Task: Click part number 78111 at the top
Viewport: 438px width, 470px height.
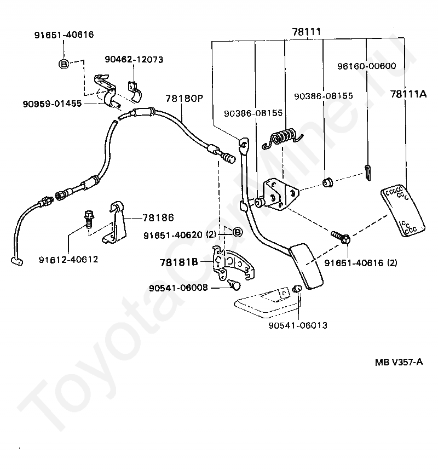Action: pyautogui.click(x=306, y=31)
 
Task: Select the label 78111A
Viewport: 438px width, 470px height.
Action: pyautogui.click(x=408, y=94)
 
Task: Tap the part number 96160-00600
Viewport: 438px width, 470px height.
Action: pyautogui.click(x=367, y=66)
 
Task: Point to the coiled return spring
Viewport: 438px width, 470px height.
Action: pyautogui.click(x=283, y=139)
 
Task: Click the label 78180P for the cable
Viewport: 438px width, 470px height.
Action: pyautogui.click(x=185, y=98)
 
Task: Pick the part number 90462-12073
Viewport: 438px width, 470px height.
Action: pyautogui.click(x=134, y=59)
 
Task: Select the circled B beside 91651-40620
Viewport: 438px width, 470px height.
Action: pyautogui.click(x=237, y=232)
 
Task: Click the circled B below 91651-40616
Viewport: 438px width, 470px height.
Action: pyautogui.click(x=64, y=64)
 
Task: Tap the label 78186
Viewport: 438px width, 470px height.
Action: pyautogui.click(x=158, y=217)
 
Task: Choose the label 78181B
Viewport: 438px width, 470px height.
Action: pyautogui.click(x=179, y=262)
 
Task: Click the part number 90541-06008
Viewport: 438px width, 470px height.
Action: pyautogui.click(x=178, y=288)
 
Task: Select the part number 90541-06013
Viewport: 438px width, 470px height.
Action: pyautogui.click(x=298, y=325)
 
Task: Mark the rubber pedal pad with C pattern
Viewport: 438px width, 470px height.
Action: pyautogui.click(x=403, y=211)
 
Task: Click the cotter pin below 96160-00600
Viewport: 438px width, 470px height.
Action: pyautogui.click(x=368, y=173)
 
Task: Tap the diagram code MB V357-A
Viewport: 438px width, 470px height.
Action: pyautogui.click(x=399, y=362)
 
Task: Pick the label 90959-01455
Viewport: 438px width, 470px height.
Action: pyautogui.click(x=52, y=104)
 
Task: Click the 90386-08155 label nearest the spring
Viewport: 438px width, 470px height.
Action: pyautogui.click(x=253, y=113)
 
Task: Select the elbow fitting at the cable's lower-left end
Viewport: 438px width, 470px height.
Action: pyautogui.click(x=17, y=261)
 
